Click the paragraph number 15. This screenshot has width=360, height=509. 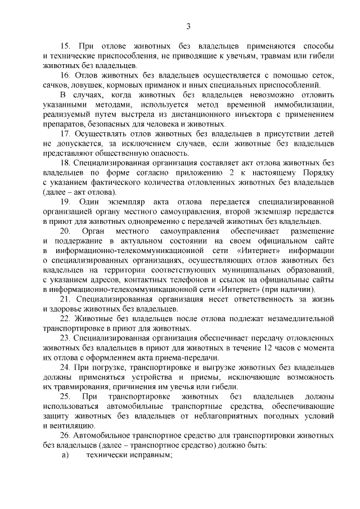point(65,45)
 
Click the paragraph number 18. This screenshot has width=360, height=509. point(65,163)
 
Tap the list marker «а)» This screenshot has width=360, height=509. point(65,455)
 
